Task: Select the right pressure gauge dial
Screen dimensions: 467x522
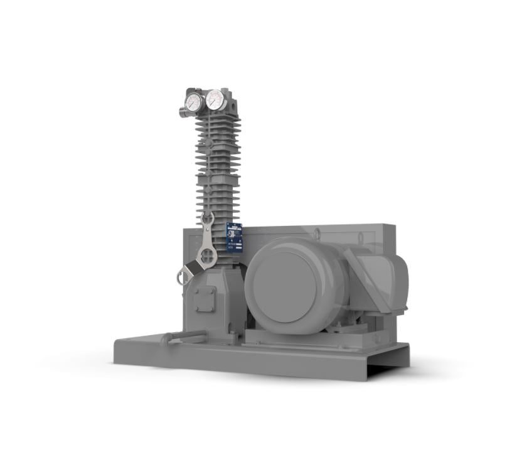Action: [x=215, y=99]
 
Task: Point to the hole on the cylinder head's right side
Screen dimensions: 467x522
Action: [x=231, y=99]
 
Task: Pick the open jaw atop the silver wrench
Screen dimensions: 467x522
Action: [x=208, y=220]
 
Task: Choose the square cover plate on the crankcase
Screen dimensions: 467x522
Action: [x=203, y=299]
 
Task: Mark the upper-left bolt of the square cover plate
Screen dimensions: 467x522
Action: [x=196, y=291]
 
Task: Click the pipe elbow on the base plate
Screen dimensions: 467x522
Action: [x=166, y=339]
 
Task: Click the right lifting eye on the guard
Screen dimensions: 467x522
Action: [x=361, y=238]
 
